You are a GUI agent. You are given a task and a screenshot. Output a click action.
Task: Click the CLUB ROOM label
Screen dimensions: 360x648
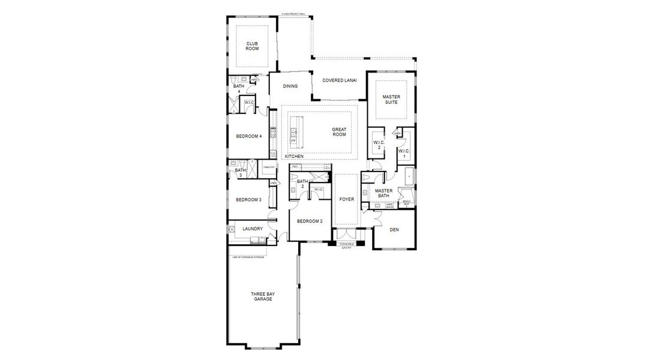[252, 46]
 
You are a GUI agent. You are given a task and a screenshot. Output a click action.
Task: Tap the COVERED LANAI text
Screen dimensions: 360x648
[340, 80]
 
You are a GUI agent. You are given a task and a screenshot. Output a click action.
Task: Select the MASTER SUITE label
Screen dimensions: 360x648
[391, 100]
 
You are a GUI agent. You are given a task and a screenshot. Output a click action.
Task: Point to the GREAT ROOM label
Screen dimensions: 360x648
[340, 132]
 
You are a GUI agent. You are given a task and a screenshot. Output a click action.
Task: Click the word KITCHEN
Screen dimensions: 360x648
[294, 157]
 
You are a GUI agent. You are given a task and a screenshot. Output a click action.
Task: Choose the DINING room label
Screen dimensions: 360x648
[290, 86]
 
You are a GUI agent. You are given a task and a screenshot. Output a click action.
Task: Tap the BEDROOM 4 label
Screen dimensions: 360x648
[248, 136]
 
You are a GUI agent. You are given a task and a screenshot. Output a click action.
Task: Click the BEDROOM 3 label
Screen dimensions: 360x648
[248, 200]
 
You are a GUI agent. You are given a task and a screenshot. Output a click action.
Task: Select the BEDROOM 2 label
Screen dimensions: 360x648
[310, 221]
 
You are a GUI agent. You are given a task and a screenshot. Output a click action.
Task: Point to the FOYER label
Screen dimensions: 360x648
[346, 199]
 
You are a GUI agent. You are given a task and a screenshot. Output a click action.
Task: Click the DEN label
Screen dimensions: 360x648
[394, 229]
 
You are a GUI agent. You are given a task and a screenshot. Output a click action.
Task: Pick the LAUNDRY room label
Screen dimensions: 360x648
[253, 229]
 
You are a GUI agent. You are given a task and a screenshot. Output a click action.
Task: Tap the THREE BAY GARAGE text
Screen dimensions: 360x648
[262, 296]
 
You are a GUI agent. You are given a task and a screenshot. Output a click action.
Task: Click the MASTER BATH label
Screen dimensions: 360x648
[383, 193]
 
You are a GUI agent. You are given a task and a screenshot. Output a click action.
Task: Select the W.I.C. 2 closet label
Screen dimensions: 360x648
[377, 145]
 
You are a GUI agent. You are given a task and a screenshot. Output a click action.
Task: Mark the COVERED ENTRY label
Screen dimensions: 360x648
[347, 245]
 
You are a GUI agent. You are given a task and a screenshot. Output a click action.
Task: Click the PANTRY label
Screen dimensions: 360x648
[268, 167]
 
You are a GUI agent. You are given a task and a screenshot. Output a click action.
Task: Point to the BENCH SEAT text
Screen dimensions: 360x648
[406, 203]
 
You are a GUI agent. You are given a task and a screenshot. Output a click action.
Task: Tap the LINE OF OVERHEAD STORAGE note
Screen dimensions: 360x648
[248, 257]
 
